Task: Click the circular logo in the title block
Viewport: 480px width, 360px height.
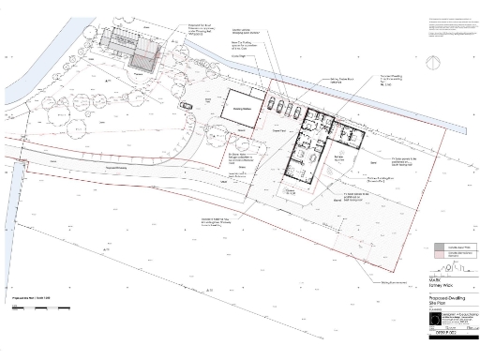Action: pos(434,321)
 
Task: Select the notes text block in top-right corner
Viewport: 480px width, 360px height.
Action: pos(448,28)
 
